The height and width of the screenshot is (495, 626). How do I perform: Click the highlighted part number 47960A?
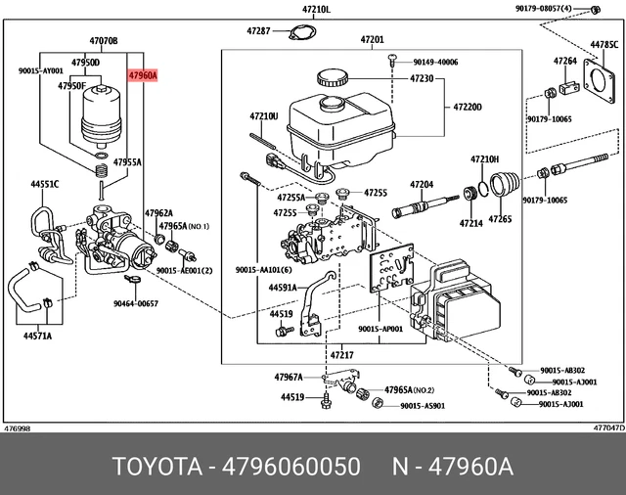pos(143,73)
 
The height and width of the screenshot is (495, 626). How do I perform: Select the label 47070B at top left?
pos(103,41)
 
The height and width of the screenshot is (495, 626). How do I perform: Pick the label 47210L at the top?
pos(316,9)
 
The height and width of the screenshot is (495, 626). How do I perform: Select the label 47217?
pos(341,354)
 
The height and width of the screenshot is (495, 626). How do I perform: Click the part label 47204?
pos(421,184)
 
